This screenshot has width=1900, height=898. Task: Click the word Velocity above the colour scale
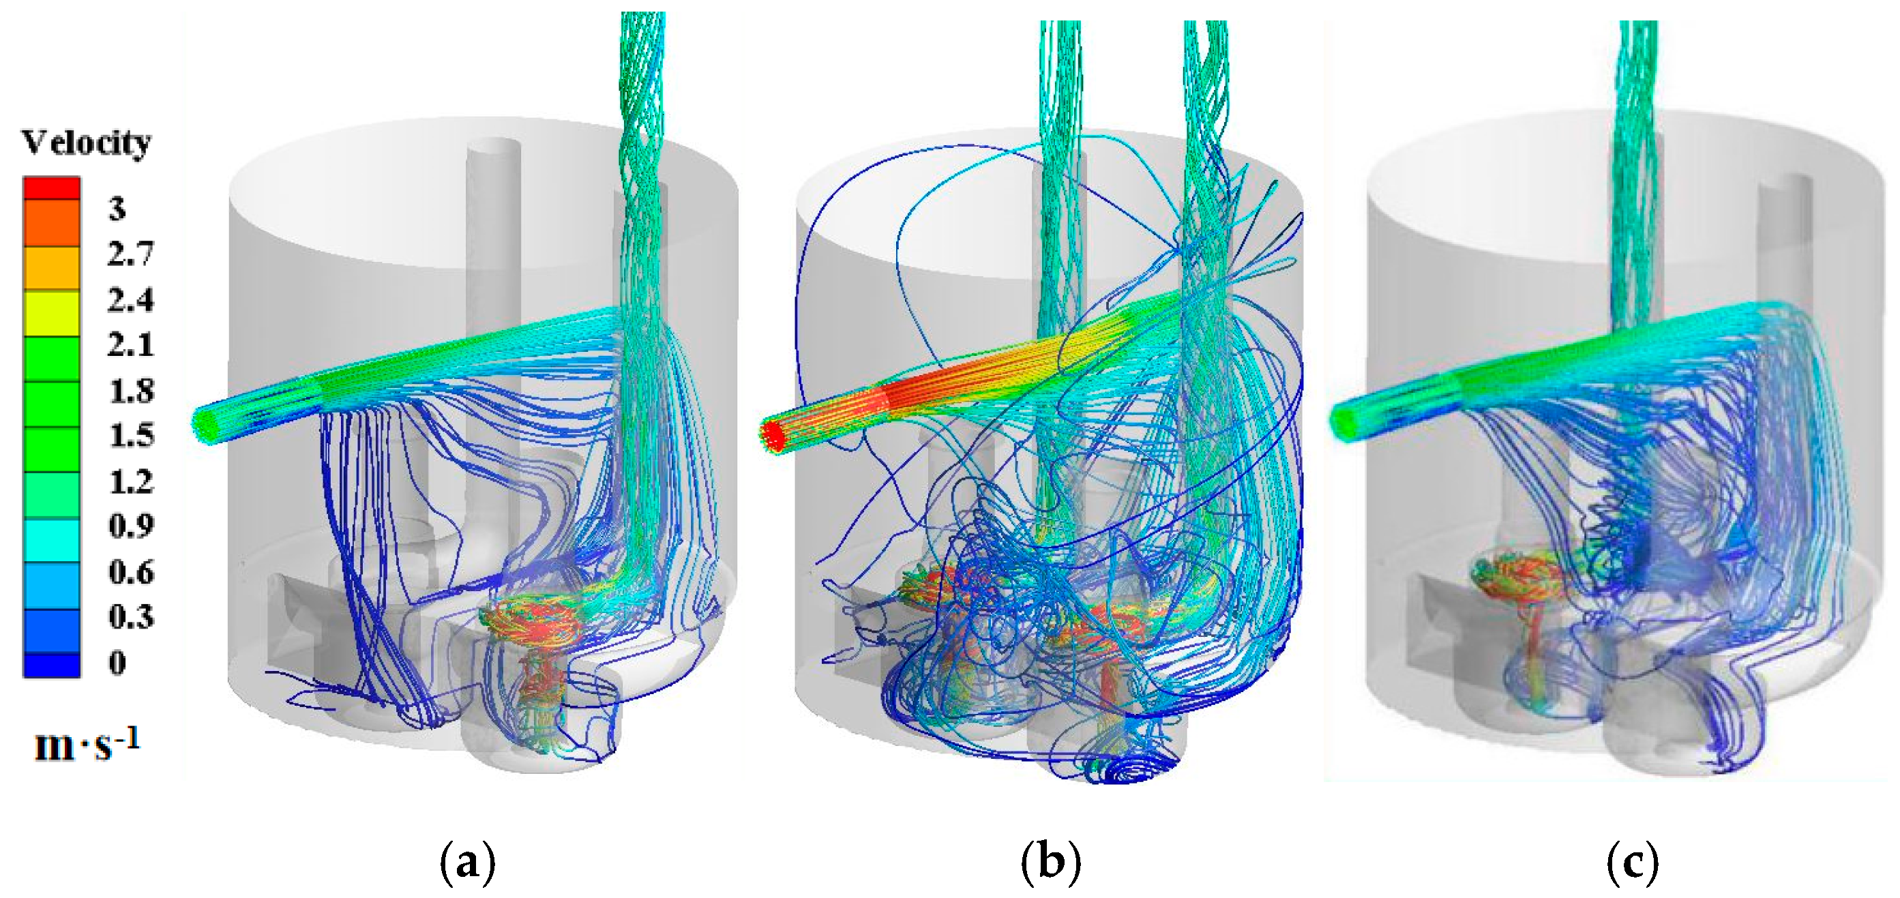(x=87, y=143)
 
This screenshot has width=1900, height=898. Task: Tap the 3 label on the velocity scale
(x=117, y=209)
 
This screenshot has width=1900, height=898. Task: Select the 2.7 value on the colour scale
(x=130, y=254)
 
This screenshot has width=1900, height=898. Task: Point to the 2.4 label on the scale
(x=130, y=300)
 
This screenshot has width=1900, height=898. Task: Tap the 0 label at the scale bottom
(x=117, y=662)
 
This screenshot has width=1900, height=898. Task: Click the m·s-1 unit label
(x=87, y=745)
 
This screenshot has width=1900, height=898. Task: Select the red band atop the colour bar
(x=52, y=188)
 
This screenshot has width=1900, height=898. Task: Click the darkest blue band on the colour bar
(x=52, y=664)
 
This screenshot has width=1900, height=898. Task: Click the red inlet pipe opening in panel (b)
(x=772, y=434)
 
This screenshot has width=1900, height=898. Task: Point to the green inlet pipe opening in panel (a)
(x=207, y=424)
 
